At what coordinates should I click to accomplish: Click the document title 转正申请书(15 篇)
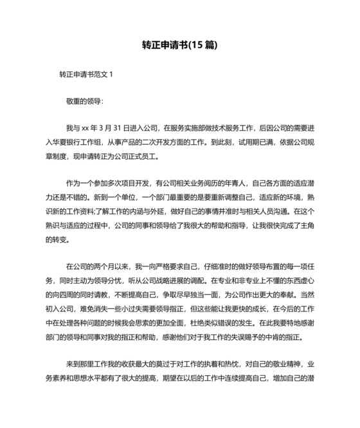click(179, 45)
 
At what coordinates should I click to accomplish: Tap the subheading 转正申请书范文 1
click(85, 73)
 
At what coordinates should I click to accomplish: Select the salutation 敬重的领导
click(83, 101)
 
